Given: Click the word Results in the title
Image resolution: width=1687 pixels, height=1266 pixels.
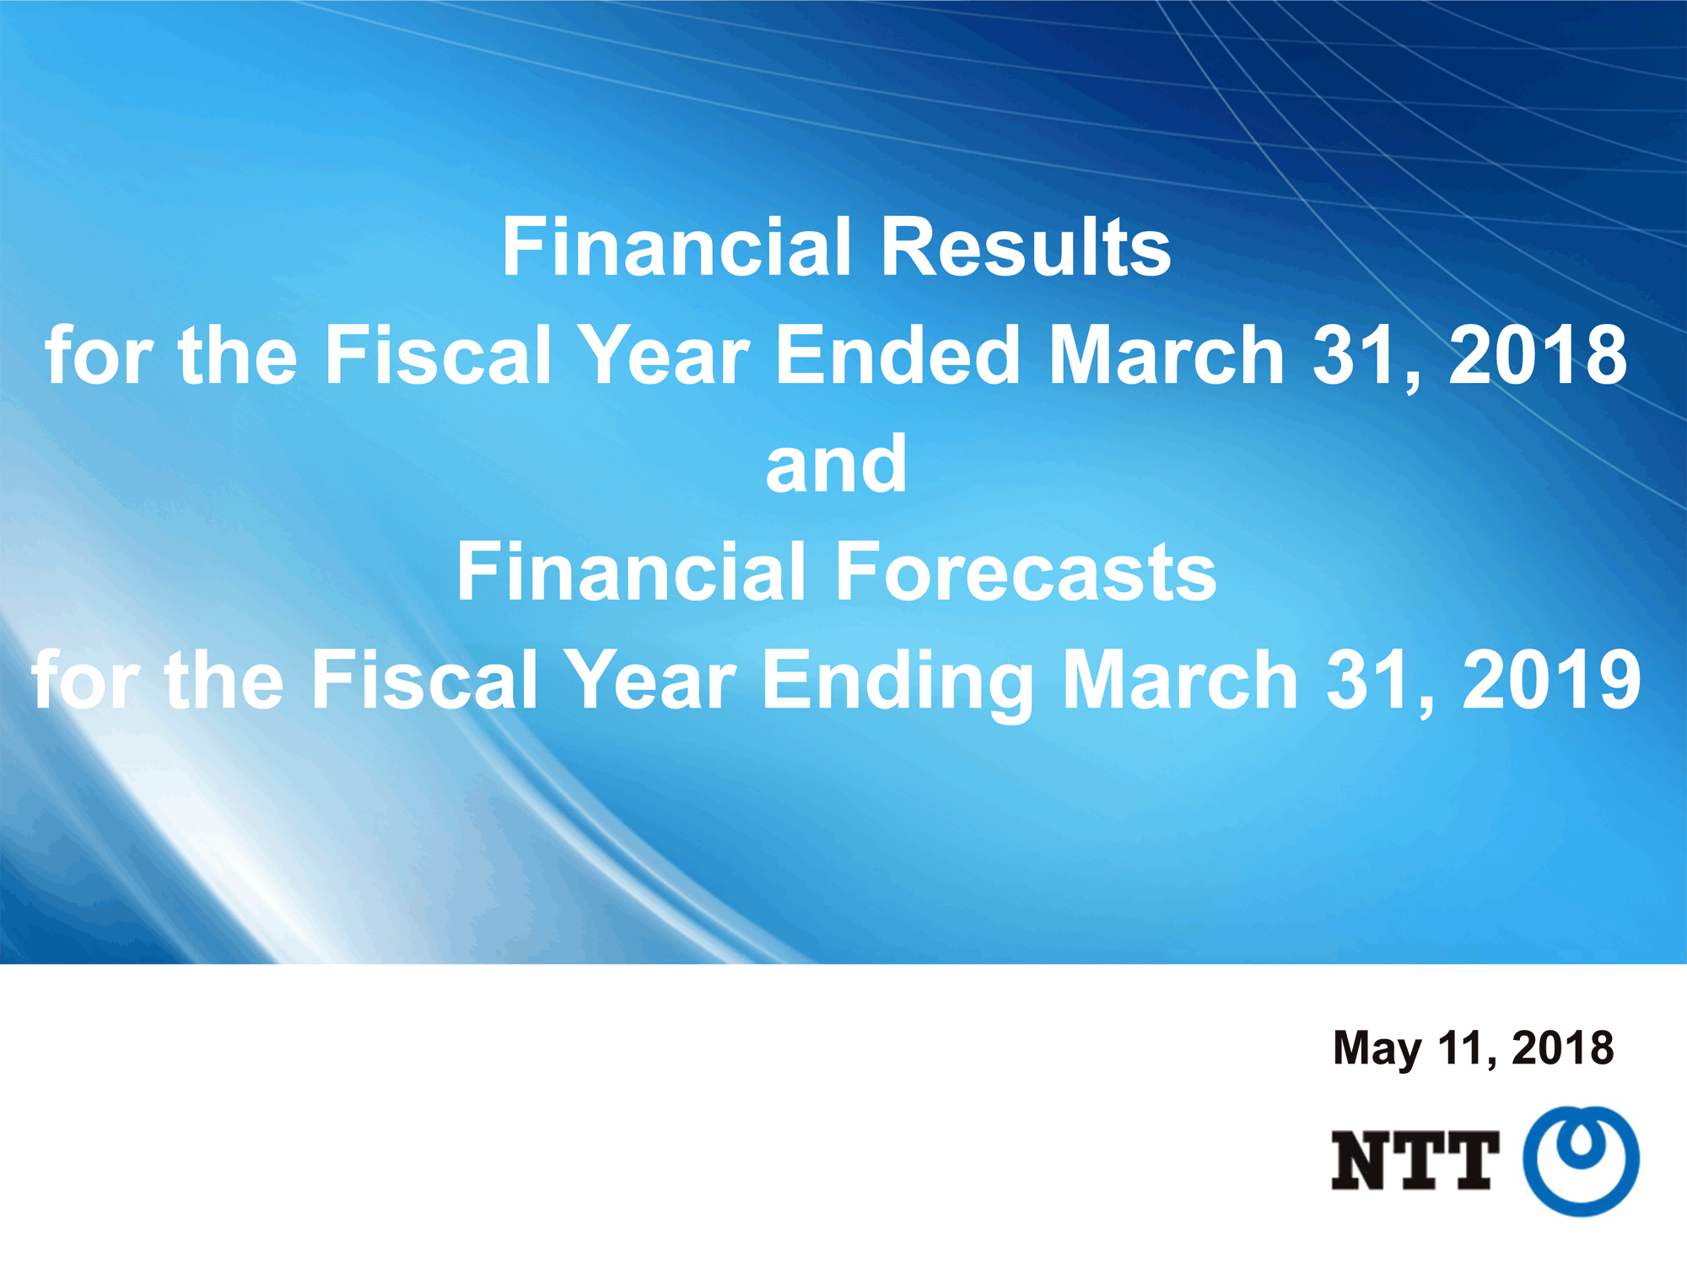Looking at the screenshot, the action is tap(1026, 246).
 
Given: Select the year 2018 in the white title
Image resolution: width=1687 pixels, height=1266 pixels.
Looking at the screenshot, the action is tap(1538, 355).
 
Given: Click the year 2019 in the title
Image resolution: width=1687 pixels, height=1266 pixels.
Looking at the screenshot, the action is tap(1552, 680).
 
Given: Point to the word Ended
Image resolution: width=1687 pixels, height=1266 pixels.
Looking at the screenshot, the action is tap(898, 355).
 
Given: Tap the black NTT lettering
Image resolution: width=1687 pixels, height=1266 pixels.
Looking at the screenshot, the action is tap(1415, 1161).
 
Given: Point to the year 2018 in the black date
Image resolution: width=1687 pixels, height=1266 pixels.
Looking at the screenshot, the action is tap(1563, 1048).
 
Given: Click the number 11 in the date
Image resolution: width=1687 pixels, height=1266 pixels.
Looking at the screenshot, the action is tap(1466, 1048).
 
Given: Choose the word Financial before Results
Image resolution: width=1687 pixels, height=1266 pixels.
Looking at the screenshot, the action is tap(676, 246).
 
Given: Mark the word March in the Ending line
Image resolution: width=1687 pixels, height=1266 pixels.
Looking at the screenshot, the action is tap(1180, 680).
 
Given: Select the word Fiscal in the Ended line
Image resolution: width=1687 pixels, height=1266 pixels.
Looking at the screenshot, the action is tap(438, 355).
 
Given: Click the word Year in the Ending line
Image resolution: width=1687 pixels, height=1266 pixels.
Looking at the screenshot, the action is tap(649, 680).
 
